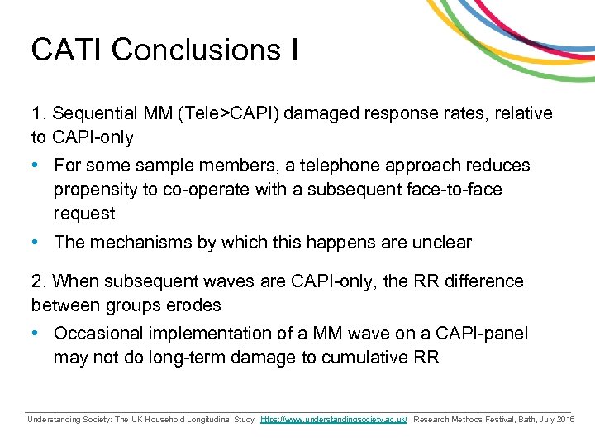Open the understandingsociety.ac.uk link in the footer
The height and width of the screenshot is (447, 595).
tap(334, 420)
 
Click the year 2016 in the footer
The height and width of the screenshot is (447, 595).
tap(565, 420)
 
